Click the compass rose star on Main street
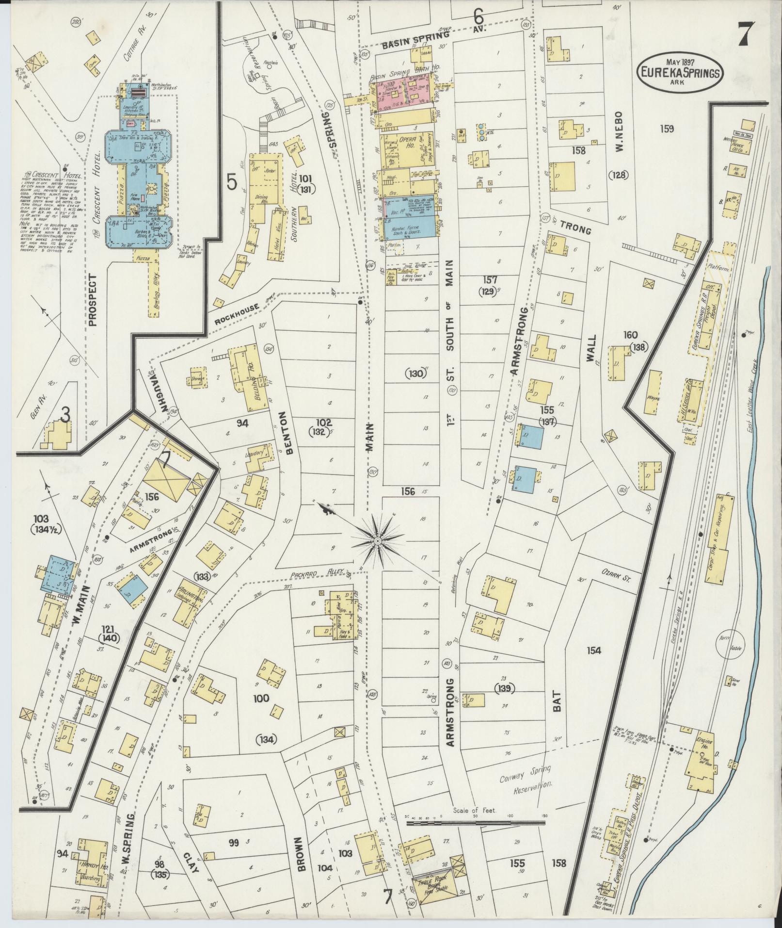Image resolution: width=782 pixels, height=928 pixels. pos(377,540)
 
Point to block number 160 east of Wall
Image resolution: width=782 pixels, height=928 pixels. pos(631,335)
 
